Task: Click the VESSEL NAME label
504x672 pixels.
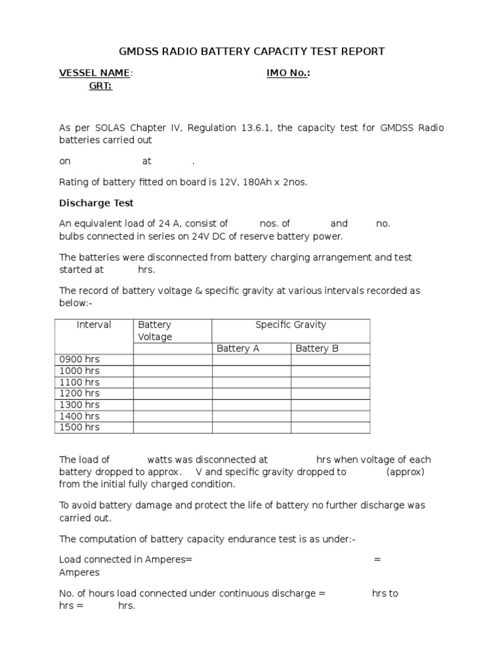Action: (x=94, y=73)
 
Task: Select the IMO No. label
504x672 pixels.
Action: (x=287, y=73)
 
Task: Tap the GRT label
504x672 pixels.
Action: (x=100, y=86)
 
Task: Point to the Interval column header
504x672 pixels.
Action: (x=94, y=325)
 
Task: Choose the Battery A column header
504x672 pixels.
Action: (x=238, y=348)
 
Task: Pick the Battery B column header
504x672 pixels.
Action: (x=317, y=348)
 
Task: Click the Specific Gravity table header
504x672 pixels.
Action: (x=290, y=325)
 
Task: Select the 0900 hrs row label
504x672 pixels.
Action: (x=79, y=360)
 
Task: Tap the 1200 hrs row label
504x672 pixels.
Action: (x=79, y=393)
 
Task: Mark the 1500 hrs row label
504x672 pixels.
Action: (x=79, y=427)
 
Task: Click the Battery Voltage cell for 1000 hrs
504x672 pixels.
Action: (x=172, y=371)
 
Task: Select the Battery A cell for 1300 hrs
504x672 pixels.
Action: (x=251, y=405)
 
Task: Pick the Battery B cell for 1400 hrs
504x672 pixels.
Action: (x=330, y=416)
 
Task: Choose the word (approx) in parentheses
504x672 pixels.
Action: (x=406, y=472)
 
